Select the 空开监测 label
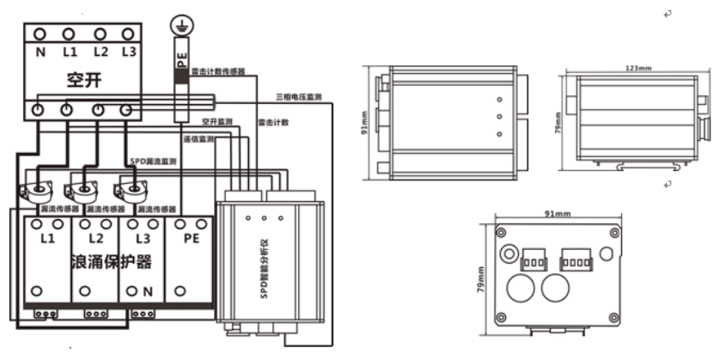217,121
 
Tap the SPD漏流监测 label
153,161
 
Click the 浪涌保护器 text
112,261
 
